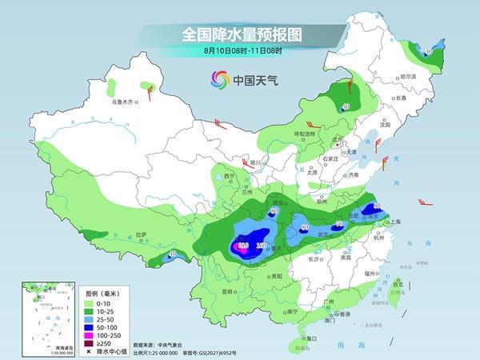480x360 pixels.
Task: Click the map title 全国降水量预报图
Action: [x=239, y=34]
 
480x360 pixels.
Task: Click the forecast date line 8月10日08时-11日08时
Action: [x=239, y=51]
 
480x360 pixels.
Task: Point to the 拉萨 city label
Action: [x=142, y=234]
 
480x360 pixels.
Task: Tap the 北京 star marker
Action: [x=337, y=144]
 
